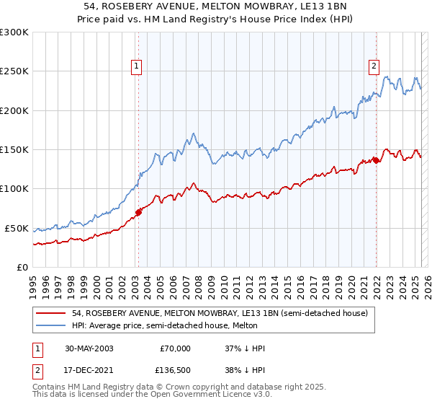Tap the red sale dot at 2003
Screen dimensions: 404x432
[139, 212]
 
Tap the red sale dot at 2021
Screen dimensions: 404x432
[376, 160]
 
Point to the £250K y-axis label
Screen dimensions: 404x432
[14, 71]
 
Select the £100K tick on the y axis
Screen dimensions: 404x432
[14, 189]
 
